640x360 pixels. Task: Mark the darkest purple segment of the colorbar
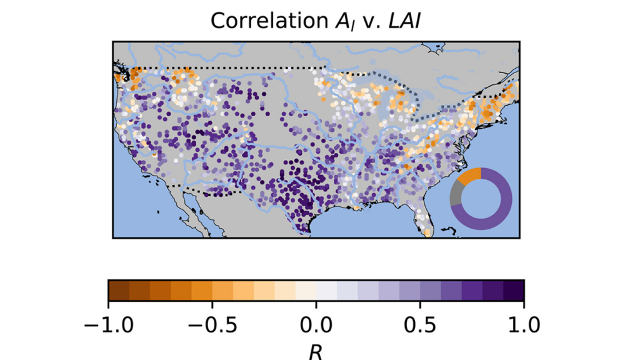pyautogui.click(x=514, y=290)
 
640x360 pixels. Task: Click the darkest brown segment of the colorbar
pyautogui.click(x=118, y=290)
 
